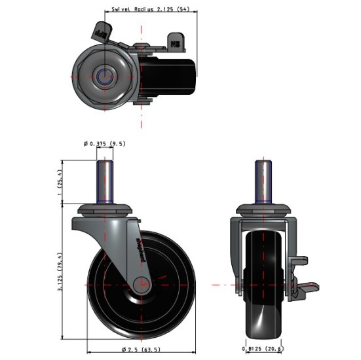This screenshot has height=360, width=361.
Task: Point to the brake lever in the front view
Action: [305, 286]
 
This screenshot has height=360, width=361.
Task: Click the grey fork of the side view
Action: [121, 242]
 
